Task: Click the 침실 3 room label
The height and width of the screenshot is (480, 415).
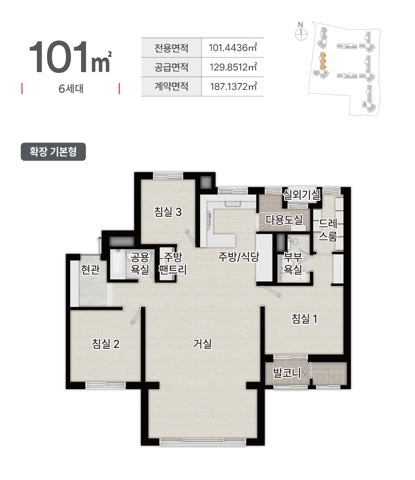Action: (x=168, y=211)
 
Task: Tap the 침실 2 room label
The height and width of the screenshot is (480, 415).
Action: (x=106, y=344)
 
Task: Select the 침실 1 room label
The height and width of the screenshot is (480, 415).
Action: (x=304, y=319)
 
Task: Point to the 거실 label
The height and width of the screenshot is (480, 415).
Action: (x=202, y=343)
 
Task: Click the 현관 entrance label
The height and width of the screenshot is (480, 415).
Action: (x=90, y=269)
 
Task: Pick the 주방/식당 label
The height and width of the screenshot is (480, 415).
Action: (x=239, y=256)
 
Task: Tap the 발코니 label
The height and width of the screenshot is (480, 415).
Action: (x=287, y=373)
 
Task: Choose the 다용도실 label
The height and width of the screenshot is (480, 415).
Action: (x=284, y=220)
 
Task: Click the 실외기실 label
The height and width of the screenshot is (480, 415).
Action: (x=302, y=194)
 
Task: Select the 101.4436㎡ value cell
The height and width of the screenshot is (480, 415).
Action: (x=233, y=48)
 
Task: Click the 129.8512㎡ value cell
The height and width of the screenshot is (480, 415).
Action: (x=233, y=67)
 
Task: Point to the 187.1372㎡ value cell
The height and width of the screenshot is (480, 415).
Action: (x=233, y=86)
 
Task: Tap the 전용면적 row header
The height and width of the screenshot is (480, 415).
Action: (x=171, y=48)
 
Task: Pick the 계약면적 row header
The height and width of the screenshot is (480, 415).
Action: (x=171, y=86)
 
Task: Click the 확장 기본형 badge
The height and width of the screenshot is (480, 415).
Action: (x=53, y=152)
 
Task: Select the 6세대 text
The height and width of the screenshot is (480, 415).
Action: (x=71, y=88)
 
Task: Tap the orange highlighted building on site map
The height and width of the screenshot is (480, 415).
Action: (x=323, y=61)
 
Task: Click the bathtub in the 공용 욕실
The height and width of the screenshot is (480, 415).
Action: (x=118, y=264)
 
